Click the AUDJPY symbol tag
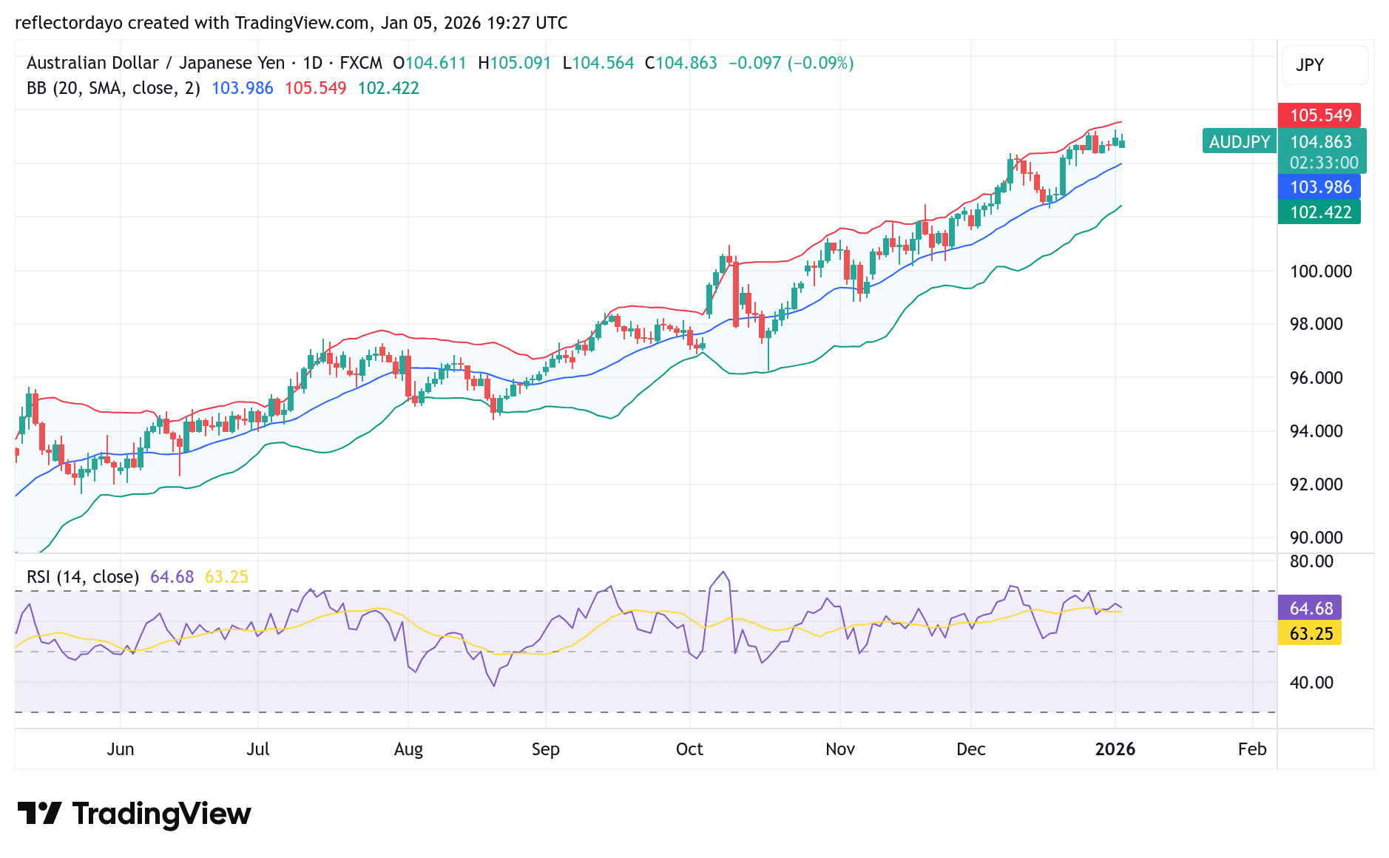[1239, 141]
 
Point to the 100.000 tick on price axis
[1320, 271]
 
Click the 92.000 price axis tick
[1316, 484]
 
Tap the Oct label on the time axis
[689, 749]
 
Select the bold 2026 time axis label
[1115, 749]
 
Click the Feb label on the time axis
[1251, 749]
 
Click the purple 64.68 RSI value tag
[1310, 608]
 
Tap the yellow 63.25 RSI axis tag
[1310, 634]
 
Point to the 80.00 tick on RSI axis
[1311, 561]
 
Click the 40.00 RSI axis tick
[1311, 683]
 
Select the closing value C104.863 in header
[680, 63]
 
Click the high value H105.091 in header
[514, 63]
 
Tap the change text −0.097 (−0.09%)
[791, 63]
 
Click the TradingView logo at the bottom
[134, 814]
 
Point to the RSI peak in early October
[723, 572]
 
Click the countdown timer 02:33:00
[1323, 163]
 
